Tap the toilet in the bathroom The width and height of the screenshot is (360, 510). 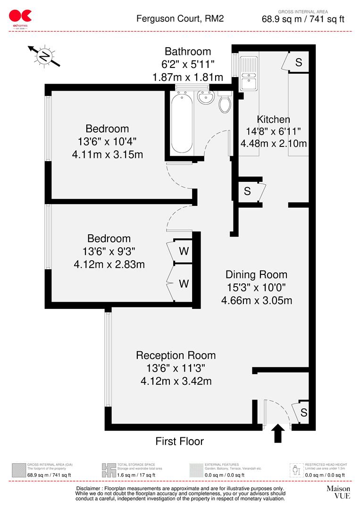point(225,103)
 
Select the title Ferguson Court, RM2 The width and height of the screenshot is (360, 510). point(180,19)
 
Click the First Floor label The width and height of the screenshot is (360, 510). point(180,441)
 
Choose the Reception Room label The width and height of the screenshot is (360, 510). point(176,355)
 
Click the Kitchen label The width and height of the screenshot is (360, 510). point(273,119)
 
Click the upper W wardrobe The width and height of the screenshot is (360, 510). point(184,251)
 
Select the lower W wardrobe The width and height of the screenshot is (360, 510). point(184,284)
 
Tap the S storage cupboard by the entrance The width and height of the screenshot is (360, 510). point(303,412)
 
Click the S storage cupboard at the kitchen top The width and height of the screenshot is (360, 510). point(299,62)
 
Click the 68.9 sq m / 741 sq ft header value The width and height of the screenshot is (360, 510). point(303,19)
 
